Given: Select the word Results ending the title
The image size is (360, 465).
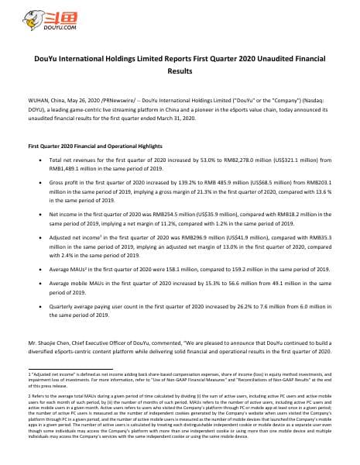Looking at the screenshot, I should click(180, 70).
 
